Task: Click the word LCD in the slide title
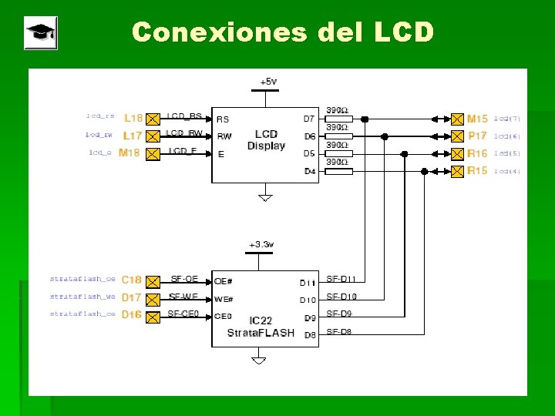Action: coord(403,32)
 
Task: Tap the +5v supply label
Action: coord(267,81)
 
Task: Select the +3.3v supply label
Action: coord(261,244)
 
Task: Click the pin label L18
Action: coord(133,118)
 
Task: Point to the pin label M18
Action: coord(129,153)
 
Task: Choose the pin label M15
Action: coord(477,119)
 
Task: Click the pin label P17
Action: coord(477,136)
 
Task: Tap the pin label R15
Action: coord(477,170)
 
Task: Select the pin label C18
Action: coord(132,280)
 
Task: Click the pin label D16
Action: coord(132,314)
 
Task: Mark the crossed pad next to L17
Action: coord(153,136)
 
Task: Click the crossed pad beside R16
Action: coord(457,153)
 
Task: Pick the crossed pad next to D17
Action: coord(153,297)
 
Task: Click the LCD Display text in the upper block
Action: coord(266,140)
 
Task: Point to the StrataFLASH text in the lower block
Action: coord(261,333)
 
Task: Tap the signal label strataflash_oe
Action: coord(82,279)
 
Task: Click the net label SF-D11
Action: coord(341,279)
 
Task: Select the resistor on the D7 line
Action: coord(339,119)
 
